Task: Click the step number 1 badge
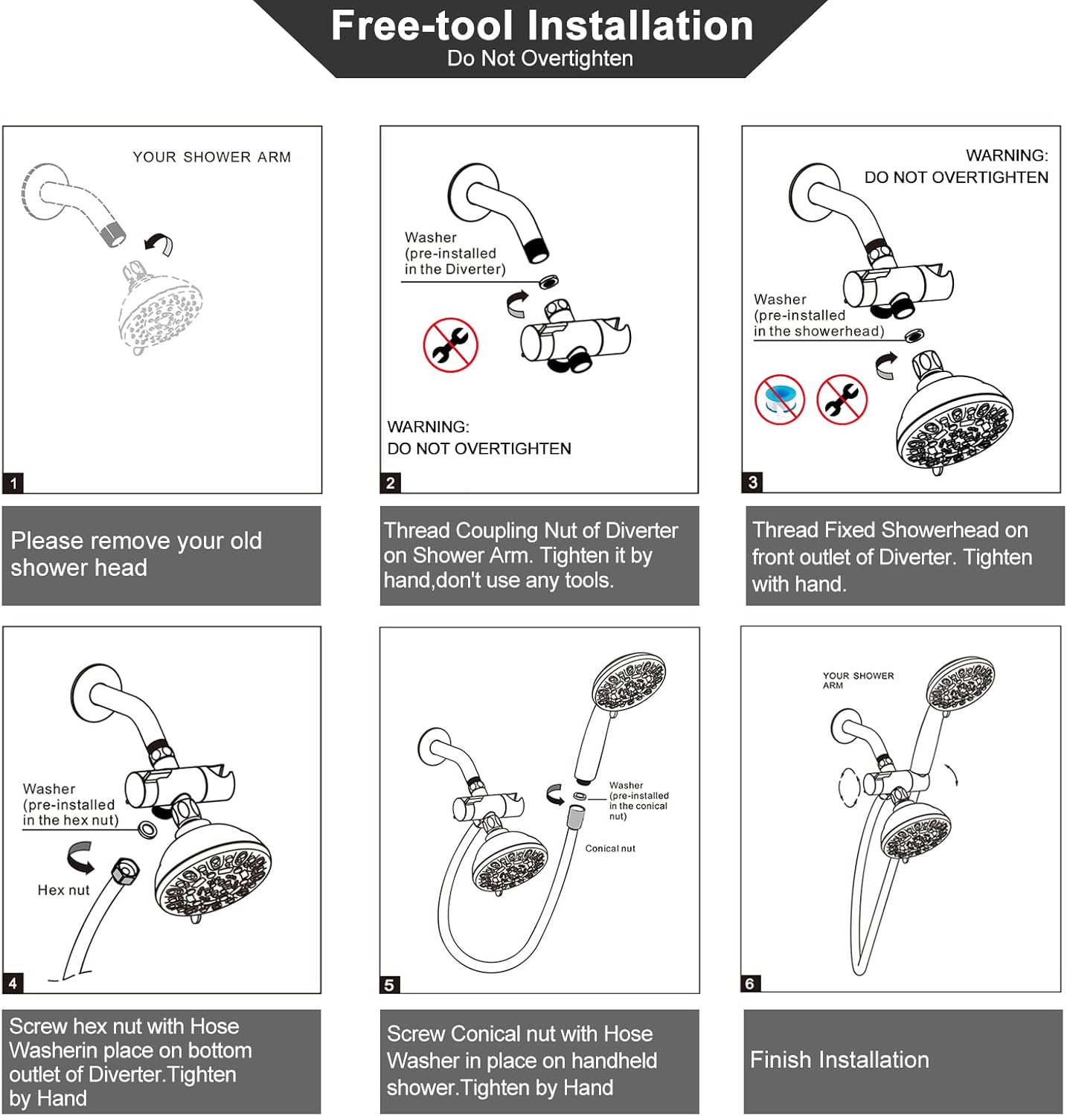click(x=13, y=483)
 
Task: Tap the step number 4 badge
click(x=13, y=984)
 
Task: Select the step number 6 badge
click(x=750, y=984)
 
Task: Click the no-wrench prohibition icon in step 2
click(x=450, y=344)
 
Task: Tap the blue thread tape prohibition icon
click(x=780, y=400)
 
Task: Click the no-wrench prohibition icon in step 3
click(x=842, y=400)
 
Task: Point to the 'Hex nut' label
click(x=63, y=890)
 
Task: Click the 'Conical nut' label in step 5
click(x=610, y=848)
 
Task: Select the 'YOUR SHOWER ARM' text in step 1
click(x=212, y=157)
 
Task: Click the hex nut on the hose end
click(x=125, y=870)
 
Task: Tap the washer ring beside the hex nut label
click(x=147, y=830)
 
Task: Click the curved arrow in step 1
click(x=158, y=243)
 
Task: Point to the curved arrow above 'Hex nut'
click(x=80, y=857)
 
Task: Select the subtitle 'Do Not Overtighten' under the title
click(x=540, y=58)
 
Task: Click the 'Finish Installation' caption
click(x=839, y=1059)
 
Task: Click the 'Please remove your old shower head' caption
click(x=136, y=554)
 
